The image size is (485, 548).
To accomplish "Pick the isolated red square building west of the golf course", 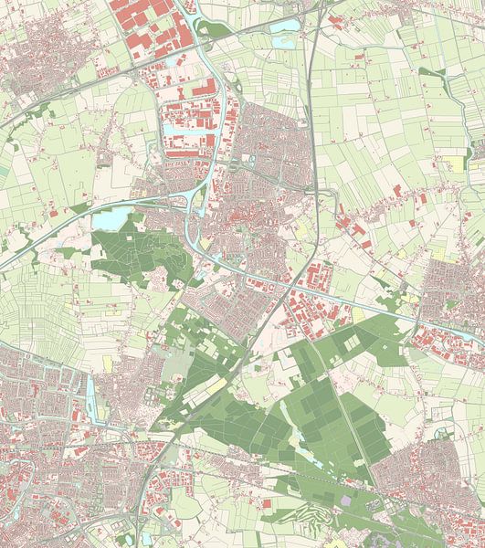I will (x=267, y=503).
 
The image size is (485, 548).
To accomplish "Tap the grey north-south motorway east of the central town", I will (x=314, y=137).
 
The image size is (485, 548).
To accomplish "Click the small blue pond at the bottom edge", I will (x=146, y=538).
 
